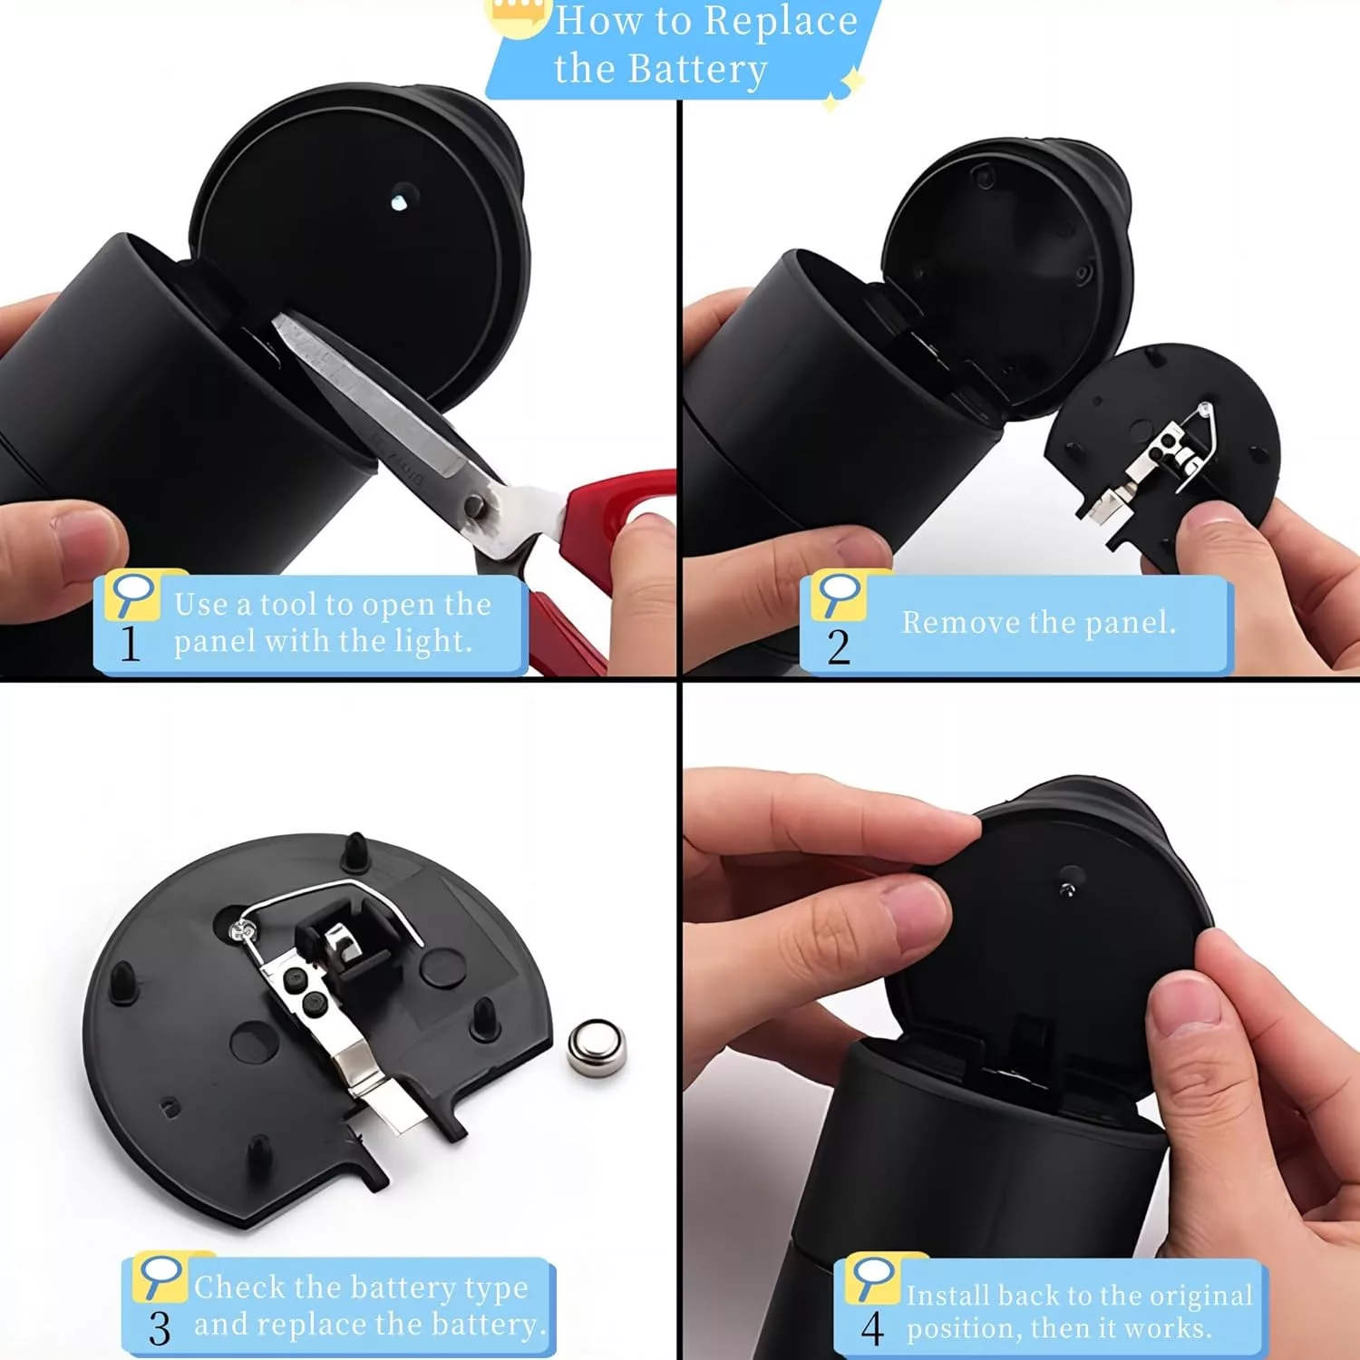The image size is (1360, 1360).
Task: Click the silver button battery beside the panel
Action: point(596,1049)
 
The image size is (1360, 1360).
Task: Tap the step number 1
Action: point(131,644)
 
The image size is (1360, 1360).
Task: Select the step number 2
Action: point(839,647)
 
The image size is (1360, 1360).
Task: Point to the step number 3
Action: point(160,1328)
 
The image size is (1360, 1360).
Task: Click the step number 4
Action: point(872,1329)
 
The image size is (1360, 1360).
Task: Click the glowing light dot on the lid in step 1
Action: point(399,202)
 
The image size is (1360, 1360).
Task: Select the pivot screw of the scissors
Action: point(473,506)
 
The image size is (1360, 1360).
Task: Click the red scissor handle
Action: point(598,544)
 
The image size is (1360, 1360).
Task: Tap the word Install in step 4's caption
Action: point(949,1296)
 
